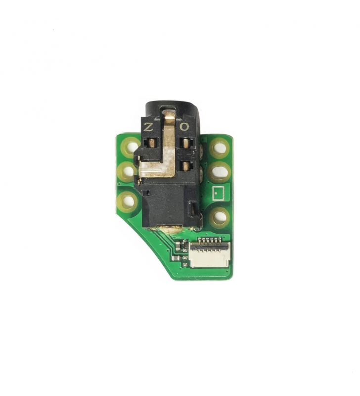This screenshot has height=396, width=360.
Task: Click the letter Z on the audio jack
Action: tap(148, 127)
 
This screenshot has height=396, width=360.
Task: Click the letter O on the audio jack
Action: tap(184, 127)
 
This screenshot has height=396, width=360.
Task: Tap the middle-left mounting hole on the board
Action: tap(128, 171)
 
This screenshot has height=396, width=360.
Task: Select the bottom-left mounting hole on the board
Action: tap(129, 201)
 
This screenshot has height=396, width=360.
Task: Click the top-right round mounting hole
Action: tap(220, 148)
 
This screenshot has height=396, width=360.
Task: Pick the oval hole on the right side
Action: tap(220, 172)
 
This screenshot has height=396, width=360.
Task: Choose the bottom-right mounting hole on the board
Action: tap(220, 217)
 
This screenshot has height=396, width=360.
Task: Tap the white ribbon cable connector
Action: tap(210, 254)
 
